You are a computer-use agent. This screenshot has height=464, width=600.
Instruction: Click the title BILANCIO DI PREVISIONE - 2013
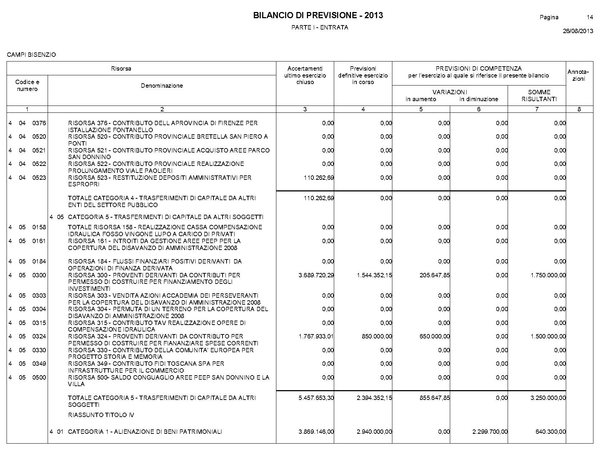point(318,15)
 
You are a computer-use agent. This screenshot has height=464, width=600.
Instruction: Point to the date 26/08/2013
point(578,31)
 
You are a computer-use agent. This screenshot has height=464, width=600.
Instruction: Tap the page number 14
point(590,17)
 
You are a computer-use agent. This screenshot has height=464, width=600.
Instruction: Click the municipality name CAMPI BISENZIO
point(32,55)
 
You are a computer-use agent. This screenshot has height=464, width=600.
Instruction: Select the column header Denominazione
point(162,86)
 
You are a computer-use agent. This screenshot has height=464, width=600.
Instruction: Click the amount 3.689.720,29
point(316,275)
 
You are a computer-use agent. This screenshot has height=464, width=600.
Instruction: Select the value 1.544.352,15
point(375,275)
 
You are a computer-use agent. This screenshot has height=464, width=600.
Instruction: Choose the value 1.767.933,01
point(316,336)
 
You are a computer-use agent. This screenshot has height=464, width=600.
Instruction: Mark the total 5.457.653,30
point(316,398)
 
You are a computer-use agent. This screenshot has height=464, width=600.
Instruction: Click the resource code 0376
point(39,123)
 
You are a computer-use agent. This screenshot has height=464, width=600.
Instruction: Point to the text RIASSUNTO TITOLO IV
point(101,415)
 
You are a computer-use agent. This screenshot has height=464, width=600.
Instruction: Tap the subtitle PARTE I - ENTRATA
point(320,28)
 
